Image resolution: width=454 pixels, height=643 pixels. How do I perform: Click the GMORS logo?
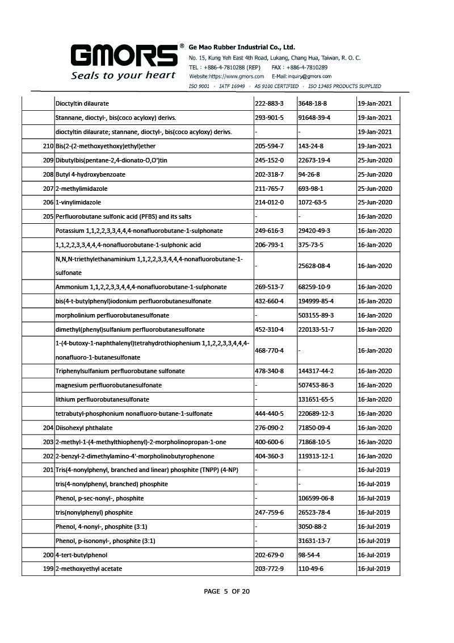click(124, 56)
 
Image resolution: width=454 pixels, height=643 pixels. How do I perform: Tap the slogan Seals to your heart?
click(123, 76)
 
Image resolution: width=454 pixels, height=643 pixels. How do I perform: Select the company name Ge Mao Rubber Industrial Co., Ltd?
click(242, 48)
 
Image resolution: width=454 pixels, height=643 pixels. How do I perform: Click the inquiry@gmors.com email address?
click(301, 76)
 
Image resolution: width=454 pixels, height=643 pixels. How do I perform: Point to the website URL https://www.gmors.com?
click(226, 76)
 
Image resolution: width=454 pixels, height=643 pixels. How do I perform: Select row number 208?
click(48, 174)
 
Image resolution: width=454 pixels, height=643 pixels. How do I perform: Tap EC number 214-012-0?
click(270, 202)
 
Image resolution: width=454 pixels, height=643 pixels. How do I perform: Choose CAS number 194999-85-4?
click(316, 301)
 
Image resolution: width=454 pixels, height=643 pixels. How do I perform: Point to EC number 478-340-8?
click(270, 371)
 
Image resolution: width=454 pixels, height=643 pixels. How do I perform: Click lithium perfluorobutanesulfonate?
click(102, 399)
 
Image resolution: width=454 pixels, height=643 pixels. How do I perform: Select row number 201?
click(48, 470)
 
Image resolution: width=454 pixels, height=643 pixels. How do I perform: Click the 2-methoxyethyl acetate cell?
click(89, 569)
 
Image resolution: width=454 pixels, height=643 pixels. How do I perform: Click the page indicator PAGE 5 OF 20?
click(226, 591)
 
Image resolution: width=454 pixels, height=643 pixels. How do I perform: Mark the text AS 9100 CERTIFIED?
click(276, 86)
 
